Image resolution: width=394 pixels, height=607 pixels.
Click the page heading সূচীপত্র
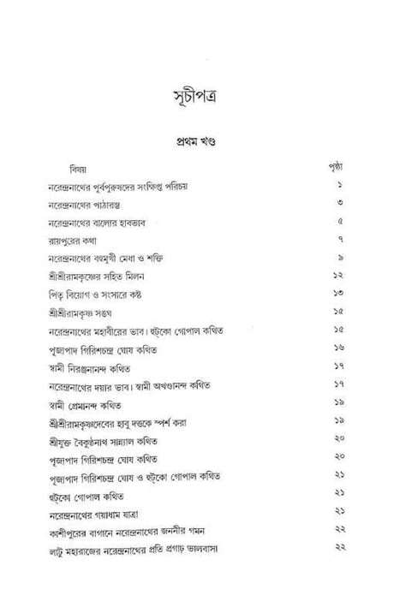pyautogui.click(x=198, y=93)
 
